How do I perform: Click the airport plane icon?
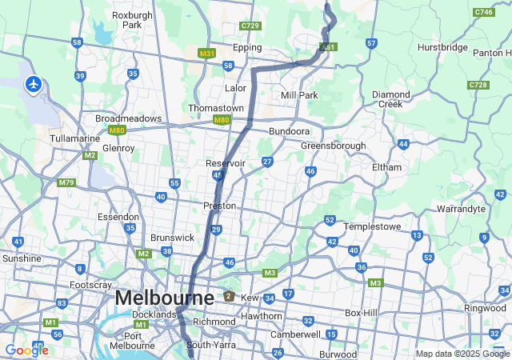tap(34, 83)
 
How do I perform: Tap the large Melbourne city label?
tap(164, 298)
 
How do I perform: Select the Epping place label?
tap(246, 48)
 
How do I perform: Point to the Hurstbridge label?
tap(442, 48)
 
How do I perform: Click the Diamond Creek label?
tap(391, 99)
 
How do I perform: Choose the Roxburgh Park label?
tap(126, 20)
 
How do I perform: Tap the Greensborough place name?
tap(333, 146)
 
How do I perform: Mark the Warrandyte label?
tap(461, 209)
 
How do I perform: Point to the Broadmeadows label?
tap(128, 118)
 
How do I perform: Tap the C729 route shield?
tap(250, 26)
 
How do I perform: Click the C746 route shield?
tap(483, 12)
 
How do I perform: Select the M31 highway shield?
tap(207, 54)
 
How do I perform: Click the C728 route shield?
tap(478, 85)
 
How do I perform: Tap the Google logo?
tap(26, 350)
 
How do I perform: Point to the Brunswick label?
tap(172, 238)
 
